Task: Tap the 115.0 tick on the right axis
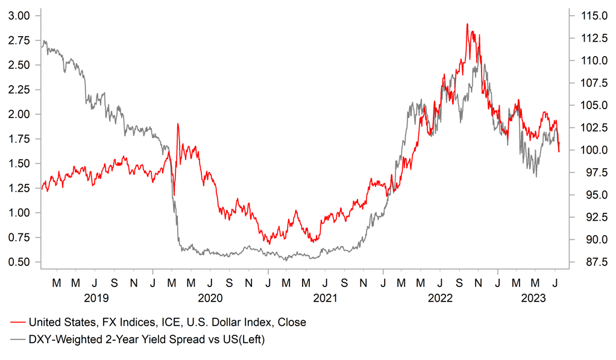(x=591, y=16)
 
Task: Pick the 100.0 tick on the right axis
(x=591, y=150)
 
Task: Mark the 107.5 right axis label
(x=591, y=83)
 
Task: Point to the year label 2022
(x=439, y=297)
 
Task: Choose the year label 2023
(x=533, y=297)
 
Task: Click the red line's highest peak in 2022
(x=468, y=24)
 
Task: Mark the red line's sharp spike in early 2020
(x=178, y=124)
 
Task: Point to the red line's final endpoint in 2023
(x=559, y=151)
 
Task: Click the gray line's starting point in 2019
(x=41, y=46)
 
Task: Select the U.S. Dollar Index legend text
(x=167, y=322)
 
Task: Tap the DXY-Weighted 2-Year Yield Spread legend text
(x=146, y=339)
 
